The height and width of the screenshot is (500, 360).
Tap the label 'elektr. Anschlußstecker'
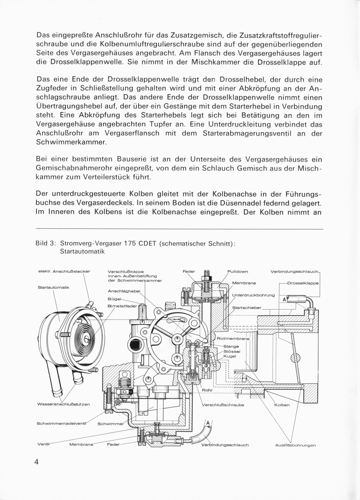(64, 271)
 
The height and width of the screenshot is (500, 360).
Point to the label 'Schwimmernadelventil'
(62, 423)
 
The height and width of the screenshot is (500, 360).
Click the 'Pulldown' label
(238, 271)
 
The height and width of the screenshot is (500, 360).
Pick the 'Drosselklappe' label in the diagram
(303, 283)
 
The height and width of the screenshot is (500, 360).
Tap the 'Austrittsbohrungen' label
(295, 445)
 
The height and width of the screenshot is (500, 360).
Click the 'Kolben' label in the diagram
(282, 404)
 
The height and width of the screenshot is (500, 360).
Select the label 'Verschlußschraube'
(223, 404)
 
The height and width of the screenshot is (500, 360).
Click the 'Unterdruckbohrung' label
(253, 295)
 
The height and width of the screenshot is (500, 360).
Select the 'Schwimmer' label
(109, 423)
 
